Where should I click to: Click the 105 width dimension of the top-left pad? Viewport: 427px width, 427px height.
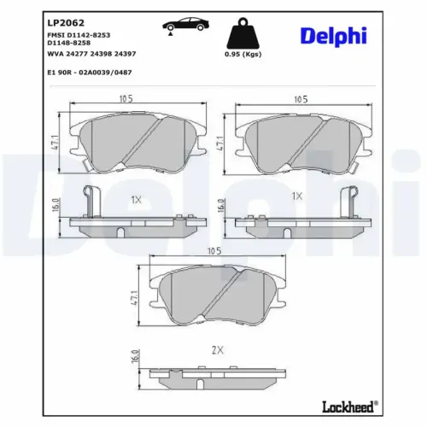click(x=127, y=100)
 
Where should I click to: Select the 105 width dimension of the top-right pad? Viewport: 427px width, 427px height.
click(x=299, y=100)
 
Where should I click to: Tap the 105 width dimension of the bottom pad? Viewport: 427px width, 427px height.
click(x=213, y=250)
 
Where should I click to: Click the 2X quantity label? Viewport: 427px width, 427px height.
click(x=217, y=350)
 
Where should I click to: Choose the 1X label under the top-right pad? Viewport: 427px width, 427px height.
click(x=297, y=196)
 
